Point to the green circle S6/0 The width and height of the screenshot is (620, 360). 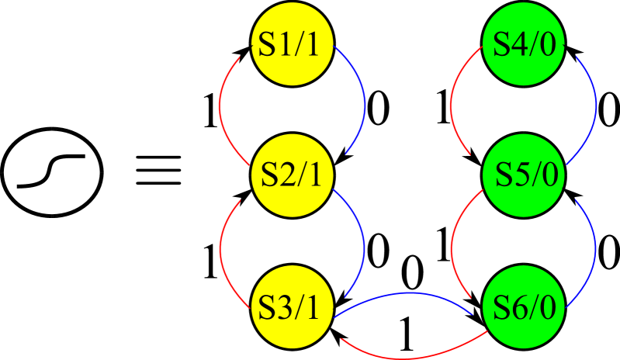pyautogui.click(x=525, y=306)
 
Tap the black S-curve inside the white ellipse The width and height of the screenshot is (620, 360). pyautogui.click(x=51, y=172)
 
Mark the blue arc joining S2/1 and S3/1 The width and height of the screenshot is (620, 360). pyautogui.click(x=365, y=241)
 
